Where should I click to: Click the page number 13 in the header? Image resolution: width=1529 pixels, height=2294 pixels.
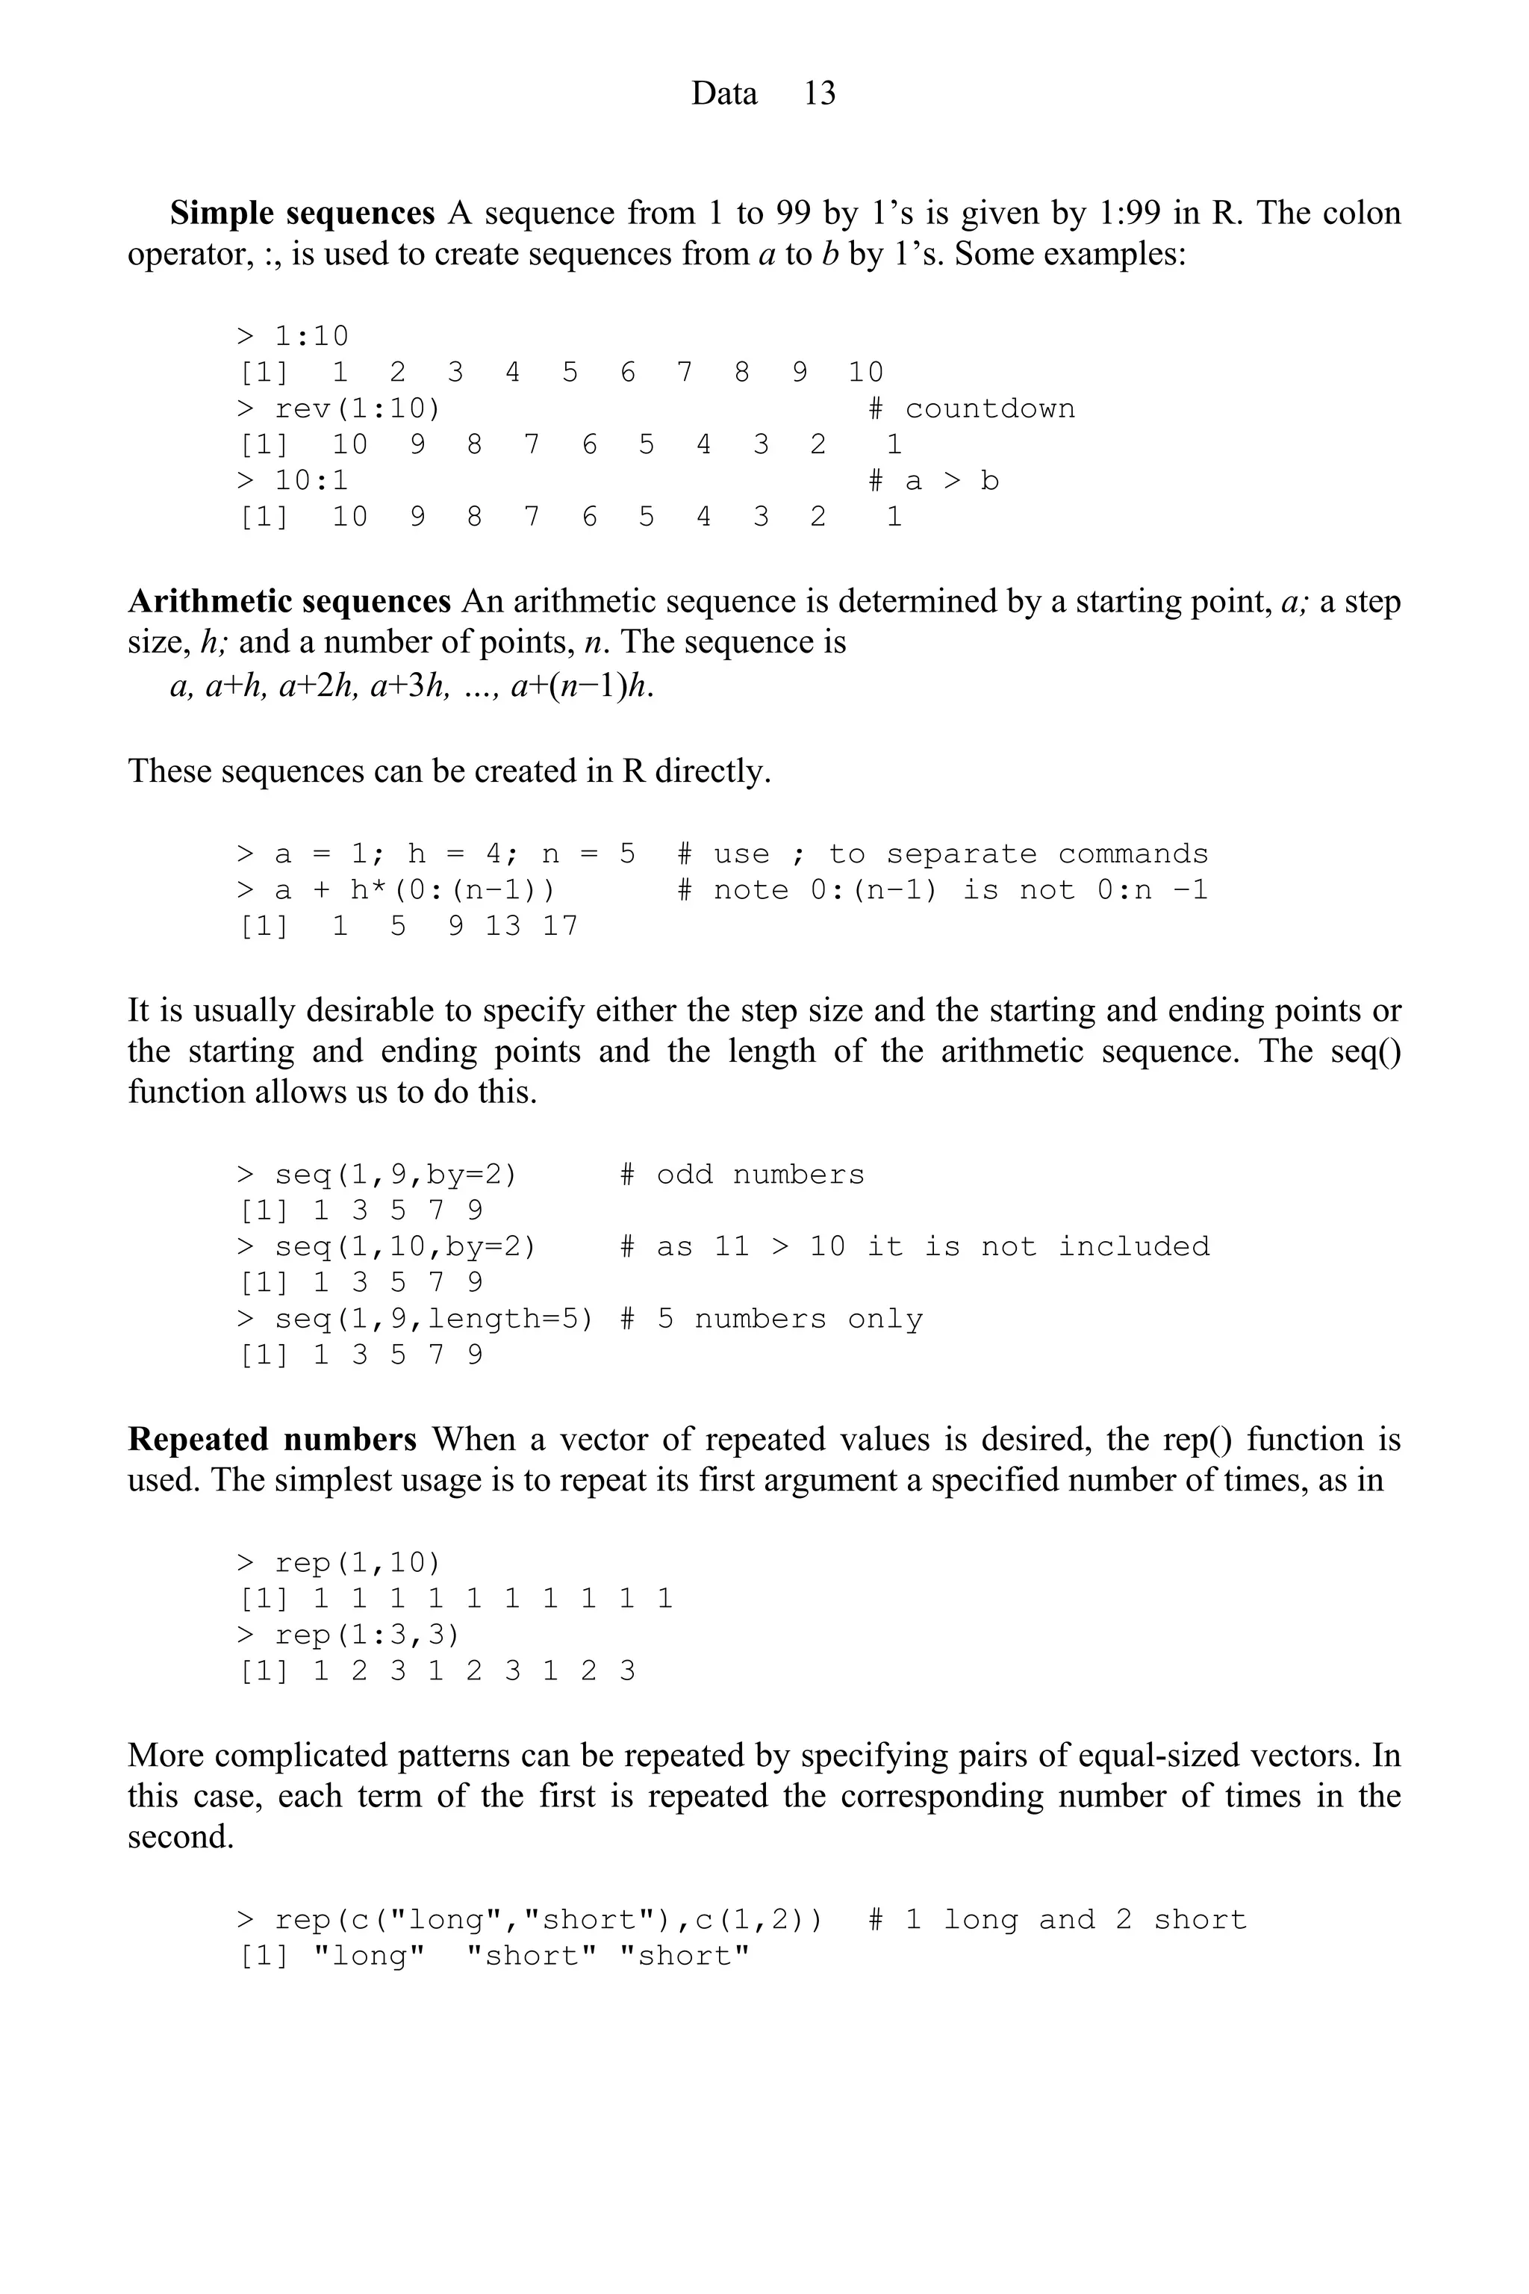coord(819,93)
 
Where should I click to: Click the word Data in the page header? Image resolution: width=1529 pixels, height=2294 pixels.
coord(723,93)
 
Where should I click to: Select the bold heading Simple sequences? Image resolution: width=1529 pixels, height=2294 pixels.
coord(302,213)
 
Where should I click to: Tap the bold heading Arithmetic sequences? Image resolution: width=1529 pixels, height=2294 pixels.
coord(290,601)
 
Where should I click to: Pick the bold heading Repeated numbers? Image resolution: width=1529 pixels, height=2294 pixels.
coord(272,1439)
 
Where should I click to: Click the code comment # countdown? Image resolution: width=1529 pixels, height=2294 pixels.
coord(971,408)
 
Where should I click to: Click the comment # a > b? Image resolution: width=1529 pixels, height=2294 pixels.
coord(933,481)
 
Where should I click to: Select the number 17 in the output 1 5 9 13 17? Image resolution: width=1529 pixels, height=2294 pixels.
coord(560,926)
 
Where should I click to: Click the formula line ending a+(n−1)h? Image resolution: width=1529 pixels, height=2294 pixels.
coord(411,687)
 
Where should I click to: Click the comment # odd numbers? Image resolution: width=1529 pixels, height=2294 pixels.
coord(742,1175)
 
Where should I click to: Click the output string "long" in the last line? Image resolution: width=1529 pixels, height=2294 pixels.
coord(370,1956)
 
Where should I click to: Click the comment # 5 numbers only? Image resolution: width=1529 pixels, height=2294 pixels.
coord(771,1319)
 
